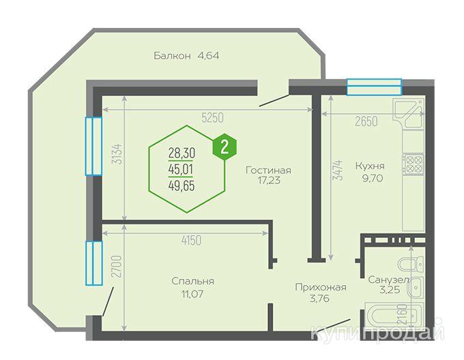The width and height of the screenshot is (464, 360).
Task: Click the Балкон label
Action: point(172,55)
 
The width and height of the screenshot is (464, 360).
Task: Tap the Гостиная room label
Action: point(268,170)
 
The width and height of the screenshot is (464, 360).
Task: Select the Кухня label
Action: point(370,166)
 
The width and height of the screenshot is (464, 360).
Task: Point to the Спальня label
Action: point(192,281)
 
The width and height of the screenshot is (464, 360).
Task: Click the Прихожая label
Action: point(321,287)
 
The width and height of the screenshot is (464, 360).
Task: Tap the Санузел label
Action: point(388,280)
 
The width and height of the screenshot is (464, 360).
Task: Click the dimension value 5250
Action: point(212,118)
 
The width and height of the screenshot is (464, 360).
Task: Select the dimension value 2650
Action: point(366,121)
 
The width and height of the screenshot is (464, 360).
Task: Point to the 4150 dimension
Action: point(191,240)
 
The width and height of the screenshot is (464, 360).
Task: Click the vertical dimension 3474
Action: point(338,170)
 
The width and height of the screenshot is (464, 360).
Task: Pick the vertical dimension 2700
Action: point(117,267)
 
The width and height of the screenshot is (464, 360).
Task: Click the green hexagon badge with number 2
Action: point(224,147)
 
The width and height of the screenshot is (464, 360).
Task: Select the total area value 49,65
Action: point(182,186)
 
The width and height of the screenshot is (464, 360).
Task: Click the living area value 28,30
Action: point(182,153)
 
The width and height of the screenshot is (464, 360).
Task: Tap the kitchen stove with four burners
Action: point(413,164)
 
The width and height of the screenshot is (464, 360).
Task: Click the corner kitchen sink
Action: point(408,113)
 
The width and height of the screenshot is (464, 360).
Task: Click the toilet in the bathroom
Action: point(411,264)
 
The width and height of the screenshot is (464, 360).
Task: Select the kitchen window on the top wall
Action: point(374,87)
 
